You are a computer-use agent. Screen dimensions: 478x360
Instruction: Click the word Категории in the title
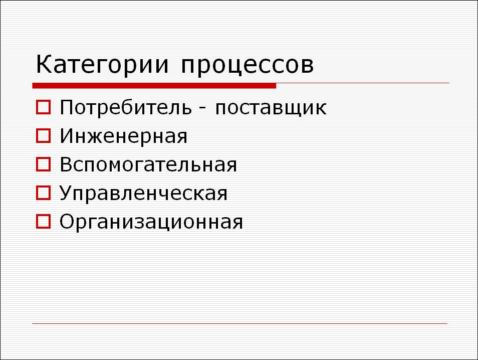point(102,65)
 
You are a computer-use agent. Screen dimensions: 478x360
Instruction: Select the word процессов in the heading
point(247,66)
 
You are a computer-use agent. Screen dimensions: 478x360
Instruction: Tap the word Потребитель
point(126,107)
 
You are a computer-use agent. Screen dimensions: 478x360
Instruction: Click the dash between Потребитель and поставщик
point(202,109)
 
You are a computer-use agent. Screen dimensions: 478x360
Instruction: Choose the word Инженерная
point(123,136)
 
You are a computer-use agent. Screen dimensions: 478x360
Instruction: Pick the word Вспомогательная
point(148,165)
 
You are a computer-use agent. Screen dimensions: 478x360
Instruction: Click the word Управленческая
point(143,194)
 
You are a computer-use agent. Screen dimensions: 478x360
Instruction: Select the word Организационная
point(151,222)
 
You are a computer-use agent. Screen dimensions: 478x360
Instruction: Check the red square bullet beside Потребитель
point(43,107)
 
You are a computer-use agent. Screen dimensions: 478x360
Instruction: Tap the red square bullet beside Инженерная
point(43,136)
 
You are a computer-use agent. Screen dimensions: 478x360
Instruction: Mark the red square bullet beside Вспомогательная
point(43,164)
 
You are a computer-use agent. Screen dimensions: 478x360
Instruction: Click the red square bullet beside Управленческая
point(43,193)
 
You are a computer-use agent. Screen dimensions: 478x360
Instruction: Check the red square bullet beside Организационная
point(43,222)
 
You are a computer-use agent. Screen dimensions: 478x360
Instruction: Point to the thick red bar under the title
point(154,86)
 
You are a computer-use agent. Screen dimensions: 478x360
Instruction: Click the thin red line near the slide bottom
point(240,323)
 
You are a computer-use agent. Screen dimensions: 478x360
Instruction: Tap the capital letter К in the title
point(44,64)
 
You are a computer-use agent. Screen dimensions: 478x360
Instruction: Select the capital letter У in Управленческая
point(67,193)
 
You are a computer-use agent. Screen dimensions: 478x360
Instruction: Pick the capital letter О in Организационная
point(67,221)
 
